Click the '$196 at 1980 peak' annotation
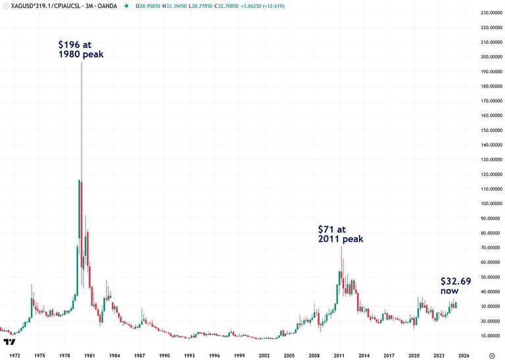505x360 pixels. tap(81, 49)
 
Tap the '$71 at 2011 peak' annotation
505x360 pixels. tap(340, 234)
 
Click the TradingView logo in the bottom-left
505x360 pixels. tap(9, 342)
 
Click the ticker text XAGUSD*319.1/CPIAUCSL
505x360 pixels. tap(42, 5)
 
